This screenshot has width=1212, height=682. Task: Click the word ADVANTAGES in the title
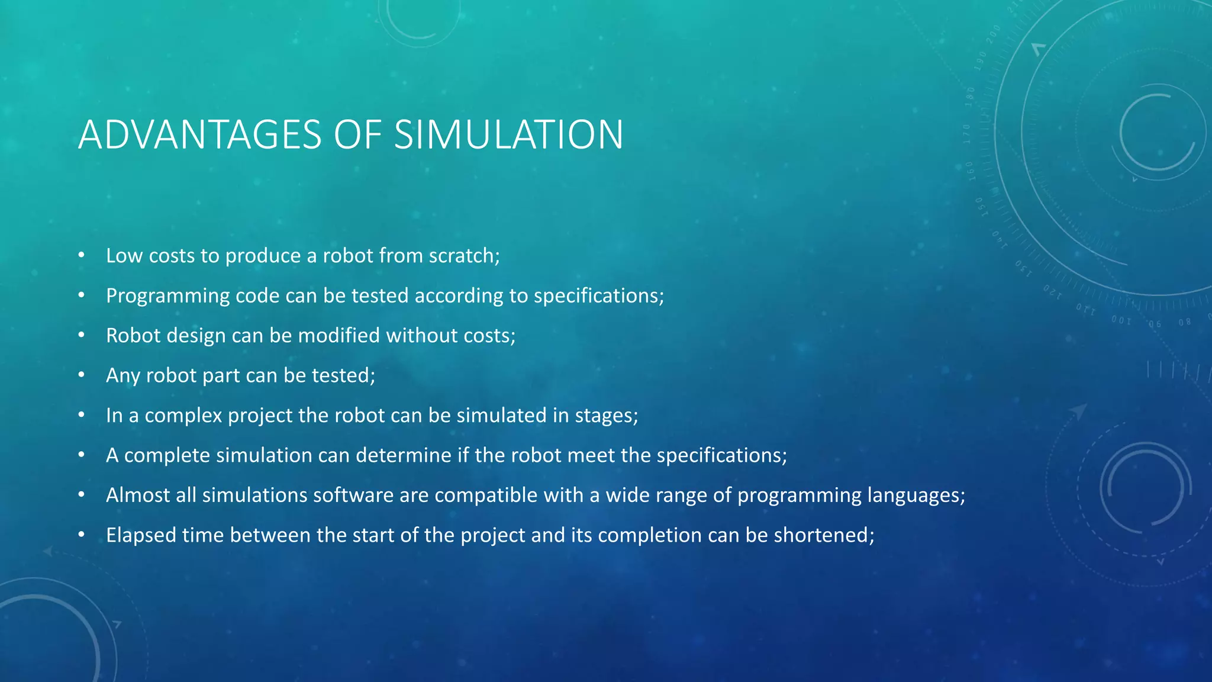point(200,135)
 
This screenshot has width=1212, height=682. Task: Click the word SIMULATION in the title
point(508,135)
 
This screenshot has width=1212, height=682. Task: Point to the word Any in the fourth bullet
point(123,376)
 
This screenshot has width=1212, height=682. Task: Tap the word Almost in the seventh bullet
point(137,495)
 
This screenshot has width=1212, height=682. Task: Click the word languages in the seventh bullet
point(914,496)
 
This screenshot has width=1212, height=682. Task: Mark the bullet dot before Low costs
point(82,255)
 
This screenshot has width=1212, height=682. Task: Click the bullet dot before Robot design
point(82,335)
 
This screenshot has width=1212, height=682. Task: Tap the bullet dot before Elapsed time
point(82,535)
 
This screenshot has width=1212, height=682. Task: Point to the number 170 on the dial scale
point(967,134)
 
